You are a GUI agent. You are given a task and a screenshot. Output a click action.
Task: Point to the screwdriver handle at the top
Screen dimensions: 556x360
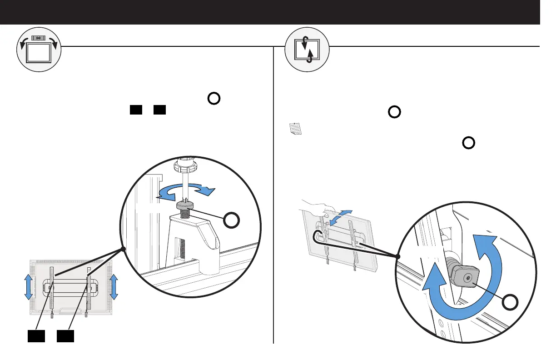tap(187, 165)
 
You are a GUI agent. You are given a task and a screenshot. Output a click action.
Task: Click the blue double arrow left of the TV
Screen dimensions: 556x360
tap(28, 287)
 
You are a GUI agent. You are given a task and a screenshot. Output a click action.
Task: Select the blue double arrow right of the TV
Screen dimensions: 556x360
tap(114, 287)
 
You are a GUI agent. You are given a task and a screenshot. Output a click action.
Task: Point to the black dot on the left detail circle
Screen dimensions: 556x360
tap(124, 249)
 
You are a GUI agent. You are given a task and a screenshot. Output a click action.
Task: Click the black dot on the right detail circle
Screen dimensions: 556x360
tap(398, 257)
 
